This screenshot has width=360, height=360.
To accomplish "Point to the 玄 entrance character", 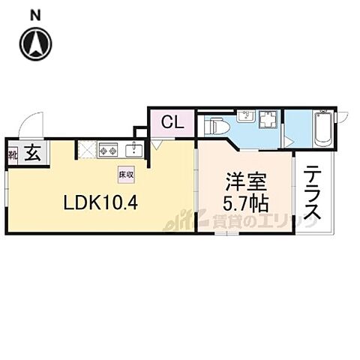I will [34, 154].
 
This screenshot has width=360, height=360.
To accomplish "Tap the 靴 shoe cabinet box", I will [13, 155].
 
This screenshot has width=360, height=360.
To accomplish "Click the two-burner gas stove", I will [106, 149].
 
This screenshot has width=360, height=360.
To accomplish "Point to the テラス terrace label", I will [313, 193].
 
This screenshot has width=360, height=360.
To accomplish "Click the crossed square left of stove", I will [85, 149].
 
